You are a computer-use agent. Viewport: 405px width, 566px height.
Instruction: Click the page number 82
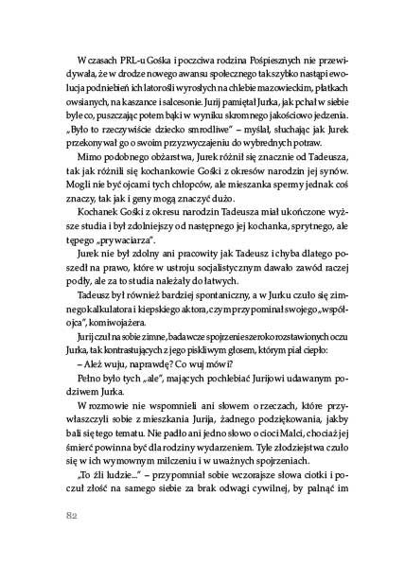coord(71,516)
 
